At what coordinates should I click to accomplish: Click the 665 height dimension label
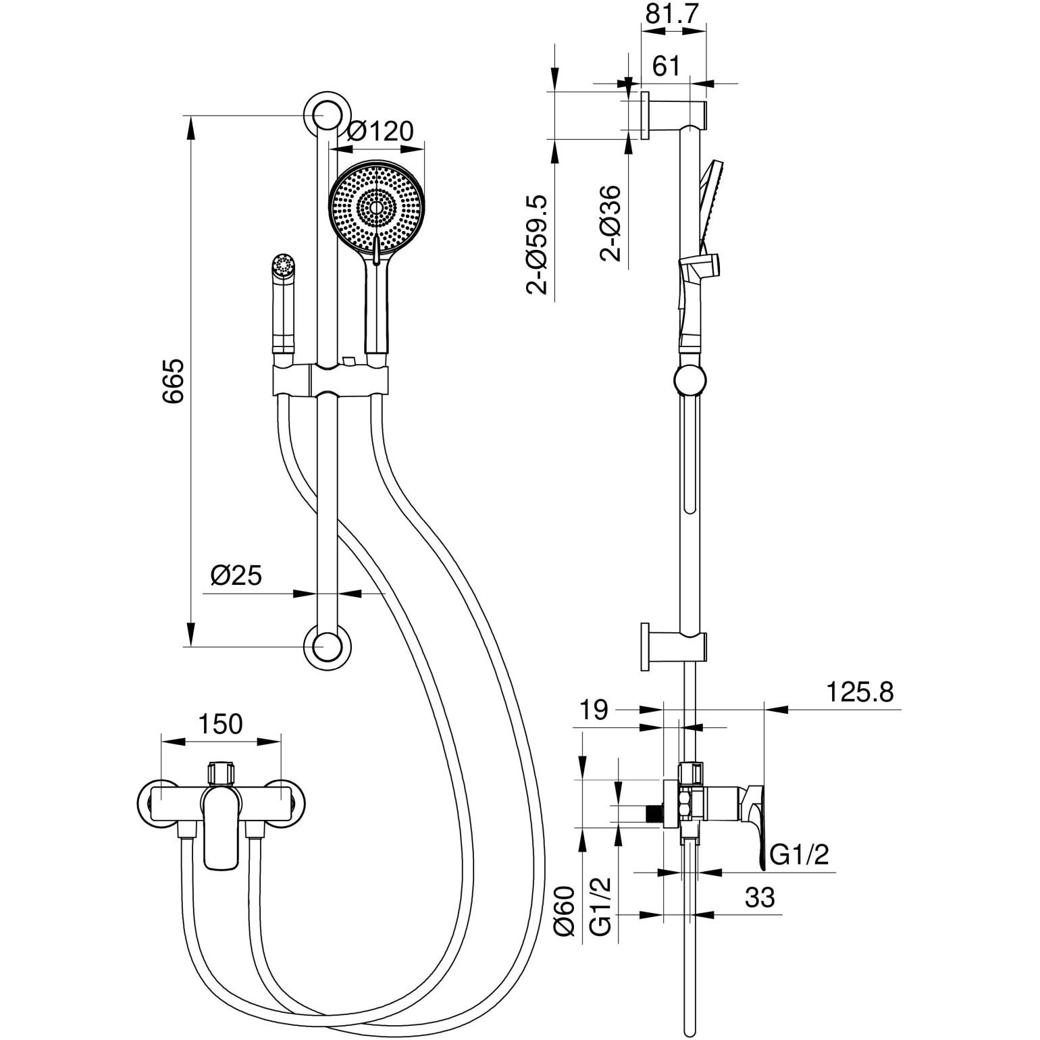(x=173, y=382)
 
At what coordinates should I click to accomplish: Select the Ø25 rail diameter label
(x=236, y=575)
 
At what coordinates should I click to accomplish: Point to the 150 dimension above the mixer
(x=219, y=724)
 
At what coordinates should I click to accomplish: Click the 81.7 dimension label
(x=672, y=14)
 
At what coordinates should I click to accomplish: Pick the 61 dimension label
(x=667, y=66)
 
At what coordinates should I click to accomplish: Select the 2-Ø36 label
(x=612, y=223)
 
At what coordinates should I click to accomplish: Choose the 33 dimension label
(x=760, y=898)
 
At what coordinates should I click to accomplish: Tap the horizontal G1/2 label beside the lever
(x=800, y=856)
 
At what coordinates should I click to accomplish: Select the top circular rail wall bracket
(x=328, y=115)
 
